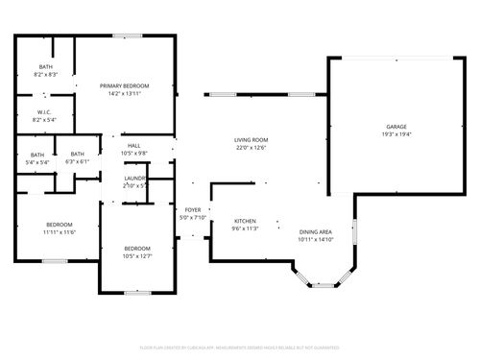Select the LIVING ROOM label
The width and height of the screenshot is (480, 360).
point(251,140)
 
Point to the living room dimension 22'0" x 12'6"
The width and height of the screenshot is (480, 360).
point(251,149)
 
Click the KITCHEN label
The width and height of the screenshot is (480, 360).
point(245,222)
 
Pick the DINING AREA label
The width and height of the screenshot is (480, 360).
point(316,231)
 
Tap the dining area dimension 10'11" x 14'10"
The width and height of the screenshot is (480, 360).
point(316,240)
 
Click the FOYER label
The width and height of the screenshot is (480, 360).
point(193,209)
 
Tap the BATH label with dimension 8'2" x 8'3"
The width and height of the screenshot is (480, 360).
point(45,66)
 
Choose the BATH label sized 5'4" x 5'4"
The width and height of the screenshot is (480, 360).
point(36,155)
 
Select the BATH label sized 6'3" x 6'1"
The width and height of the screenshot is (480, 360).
point(77,155)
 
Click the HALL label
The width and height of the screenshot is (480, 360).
point(133,145)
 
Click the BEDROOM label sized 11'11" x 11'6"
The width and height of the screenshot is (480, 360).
point(59,225)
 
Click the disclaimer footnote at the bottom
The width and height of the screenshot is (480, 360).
point(240,347)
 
